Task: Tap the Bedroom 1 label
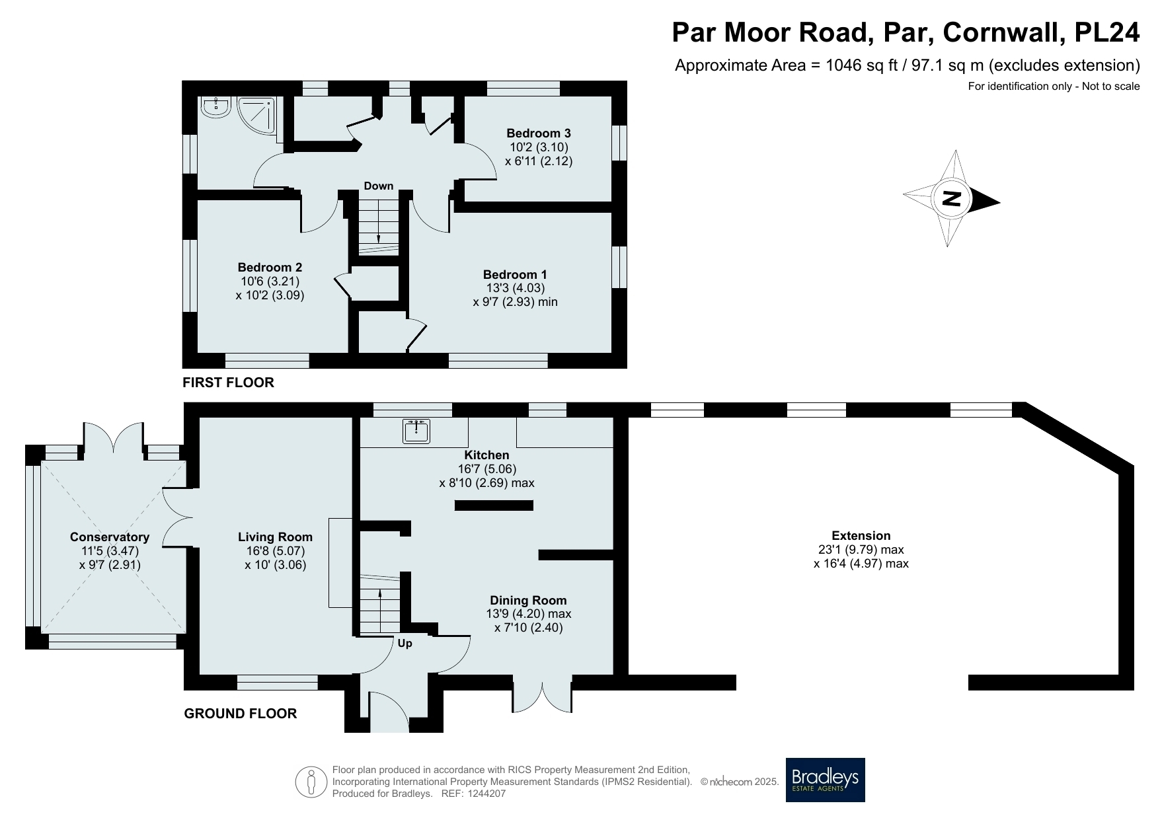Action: pyautogui.click(x=515, y=275)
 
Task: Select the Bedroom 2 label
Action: pyautogui.click(x=270, y=268)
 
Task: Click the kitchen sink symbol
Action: pyautogui.click(x=416, y=431)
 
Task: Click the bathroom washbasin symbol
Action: pyautogui.click(x=215, y=107)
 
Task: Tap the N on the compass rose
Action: pyautogui.click(x=952, y=198)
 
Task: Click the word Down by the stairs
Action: pyautogui.click(x=379, y=186)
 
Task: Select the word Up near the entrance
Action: pyautogui.click(x=405, y=644)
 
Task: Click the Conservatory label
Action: pyautogui.click(x=110, y=537)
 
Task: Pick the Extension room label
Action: pyautogui.click(x=861, y=536)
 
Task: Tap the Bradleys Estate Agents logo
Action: pyautogui.click(x=825, y=780)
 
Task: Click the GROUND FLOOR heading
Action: pyautogui.click(x=241, y=714)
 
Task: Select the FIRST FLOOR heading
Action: pyautogui.click(x=228, y=383)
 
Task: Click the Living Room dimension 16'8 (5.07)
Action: pyautogui.click(x=275, y=551)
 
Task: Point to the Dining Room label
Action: pyautogui.click(x=528, y=601)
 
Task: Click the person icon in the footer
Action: pyautogui.click(x=311, y=782)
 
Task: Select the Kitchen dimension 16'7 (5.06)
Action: pyautogui.click(x=486, y=469)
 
